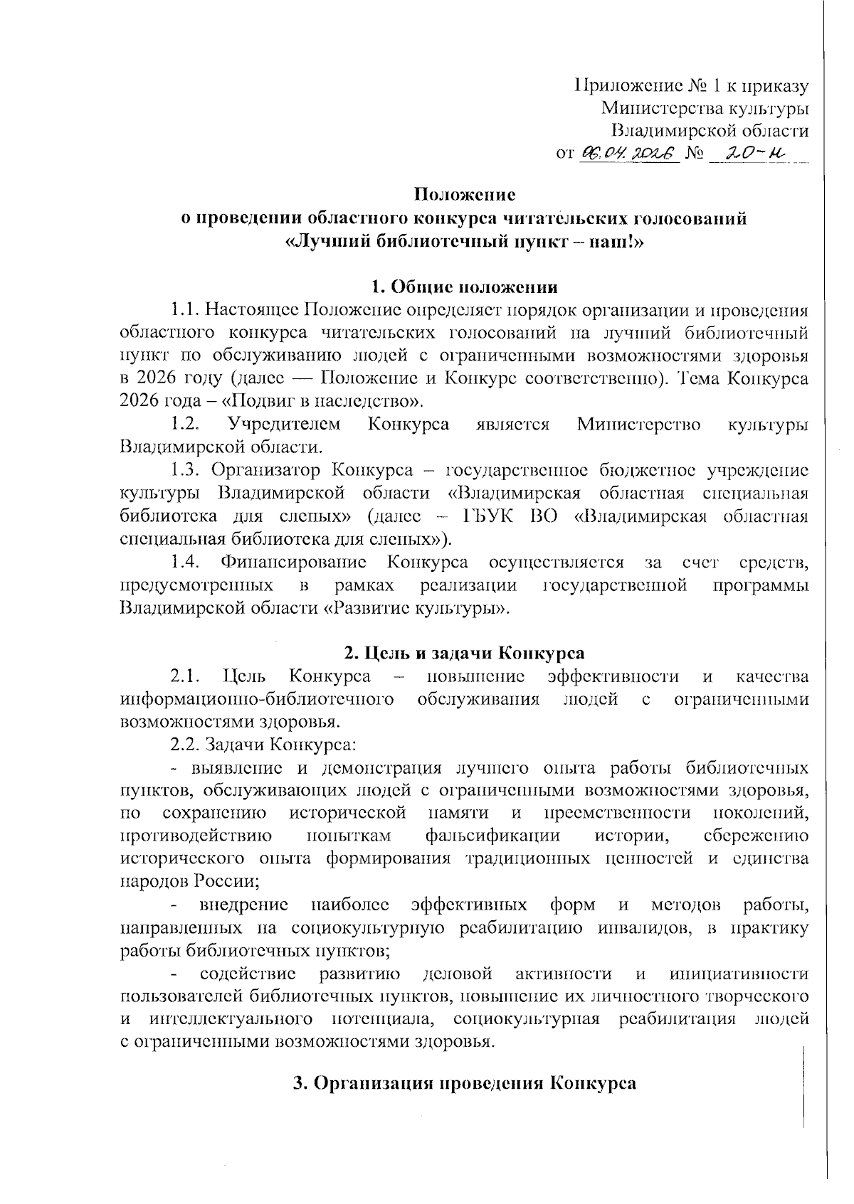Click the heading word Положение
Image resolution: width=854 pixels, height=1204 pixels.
465,194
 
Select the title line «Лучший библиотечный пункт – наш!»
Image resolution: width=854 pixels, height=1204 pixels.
465,241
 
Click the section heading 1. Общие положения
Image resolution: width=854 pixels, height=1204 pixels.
465,287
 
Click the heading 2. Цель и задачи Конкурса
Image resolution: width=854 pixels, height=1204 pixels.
465,654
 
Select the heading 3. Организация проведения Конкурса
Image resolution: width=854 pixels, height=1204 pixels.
465,1085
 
